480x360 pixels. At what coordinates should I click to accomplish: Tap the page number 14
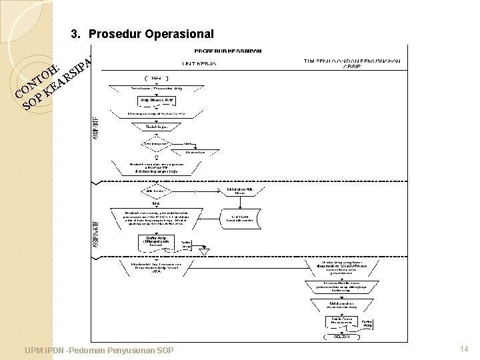[x=464, y=349]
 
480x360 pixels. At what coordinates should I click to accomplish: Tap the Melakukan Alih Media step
[x=239, y=191]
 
